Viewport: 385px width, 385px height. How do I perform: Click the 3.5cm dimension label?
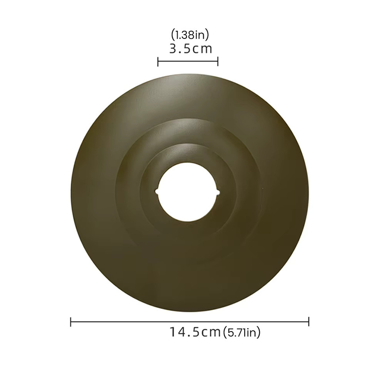190,49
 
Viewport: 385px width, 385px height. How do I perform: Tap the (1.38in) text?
190,35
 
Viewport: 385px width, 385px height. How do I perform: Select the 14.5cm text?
195,332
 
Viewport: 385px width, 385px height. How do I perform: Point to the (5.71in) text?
241,333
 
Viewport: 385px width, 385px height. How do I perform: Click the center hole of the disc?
188,192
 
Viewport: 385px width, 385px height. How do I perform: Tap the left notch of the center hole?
157,191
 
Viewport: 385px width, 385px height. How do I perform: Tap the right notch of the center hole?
219,192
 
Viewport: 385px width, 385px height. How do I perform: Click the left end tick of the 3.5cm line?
157,61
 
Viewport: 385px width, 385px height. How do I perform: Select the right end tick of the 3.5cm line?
218,61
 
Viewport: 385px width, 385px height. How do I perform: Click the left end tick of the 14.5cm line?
71,322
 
